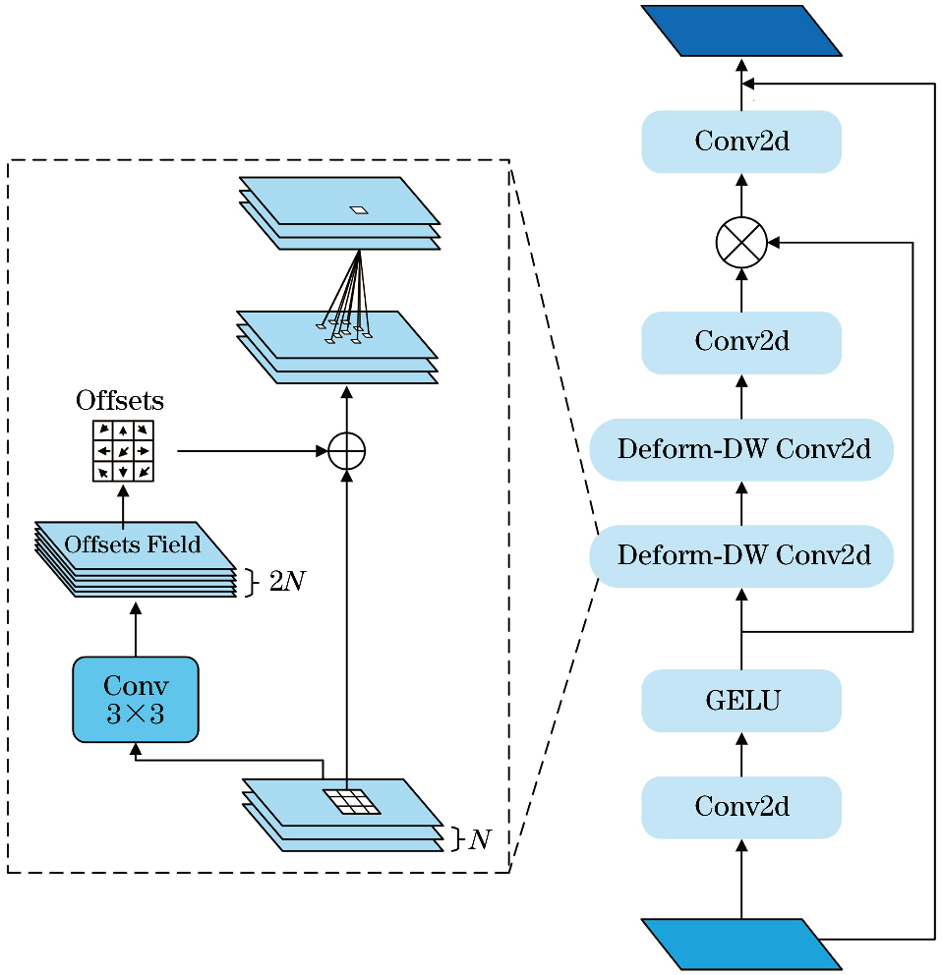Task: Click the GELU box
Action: click(741, 701)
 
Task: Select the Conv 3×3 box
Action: click(136, 700)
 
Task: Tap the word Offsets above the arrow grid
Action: click(120, 401)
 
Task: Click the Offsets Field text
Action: click(133, 545)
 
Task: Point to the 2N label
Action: click(286, 582)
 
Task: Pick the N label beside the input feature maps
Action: click(480, 839)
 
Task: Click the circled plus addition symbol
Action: click(346, 451)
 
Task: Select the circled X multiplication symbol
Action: click(741, 242)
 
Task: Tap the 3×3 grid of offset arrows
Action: click(123, 451)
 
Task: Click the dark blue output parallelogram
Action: click(741, 30)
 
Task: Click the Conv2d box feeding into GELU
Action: click(741, 807)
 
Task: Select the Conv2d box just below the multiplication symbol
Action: click(741, 342)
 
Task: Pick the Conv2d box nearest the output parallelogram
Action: click(741, 142)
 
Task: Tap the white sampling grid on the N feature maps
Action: click(352, 801)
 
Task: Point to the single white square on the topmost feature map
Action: click(359, 209)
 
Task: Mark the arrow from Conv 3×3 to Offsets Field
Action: click(136, 629)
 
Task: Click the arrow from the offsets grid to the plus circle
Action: click(251, 451)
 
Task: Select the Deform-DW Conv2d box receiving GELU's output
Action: click(741, 556)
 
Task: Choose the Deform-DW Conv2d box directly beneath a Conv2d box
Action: click(741, 449)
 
